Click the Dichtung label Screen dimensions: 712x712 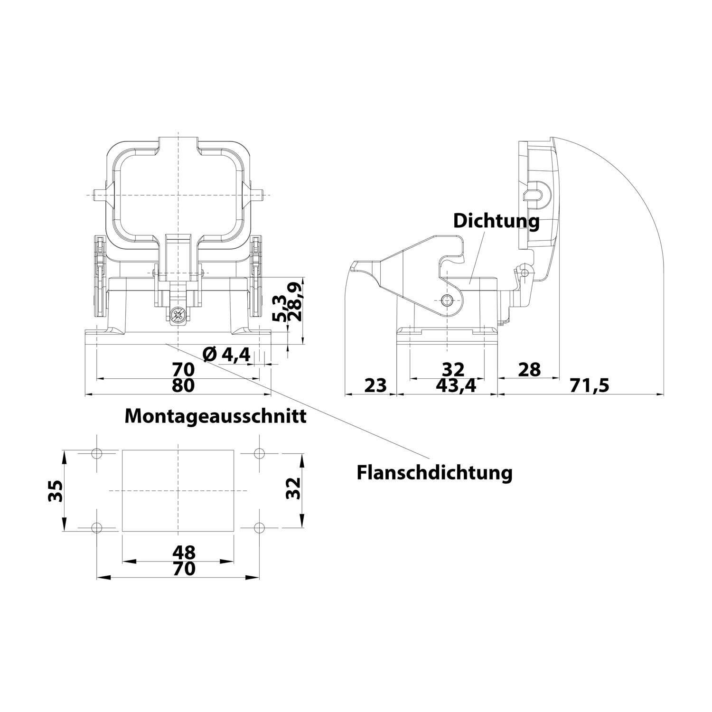click(497, 221)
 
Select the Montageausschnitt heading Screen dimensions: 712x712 click(215, 416)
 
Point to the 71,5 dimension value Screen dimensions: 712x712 click(589, 385)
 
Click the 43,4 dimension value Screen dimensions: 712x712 click(456, 385)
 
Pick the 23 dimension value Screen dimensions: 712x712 click(376, 385)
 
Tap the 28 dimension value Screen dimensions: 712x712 click(529, 369)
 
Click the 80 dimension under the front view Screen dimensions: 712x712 click(183, 385)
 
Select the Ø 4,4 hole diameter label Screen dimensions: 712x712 click(226, 355)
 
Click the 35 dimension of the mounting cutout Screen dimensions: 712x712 click(55, 491)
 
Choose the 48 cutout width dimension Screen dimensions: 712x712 click(184, 553)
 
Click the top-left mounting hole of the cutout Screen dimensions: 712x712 click(97, 452)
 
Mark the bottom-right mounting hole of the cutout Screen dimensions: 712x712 click(259, 527)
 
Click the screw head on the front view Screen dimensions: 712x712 click(178, 315)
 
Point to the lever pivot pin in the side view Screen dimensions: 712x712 click(447, 300)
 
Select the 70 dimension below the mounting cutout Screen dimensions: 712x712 click(184, 568)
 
